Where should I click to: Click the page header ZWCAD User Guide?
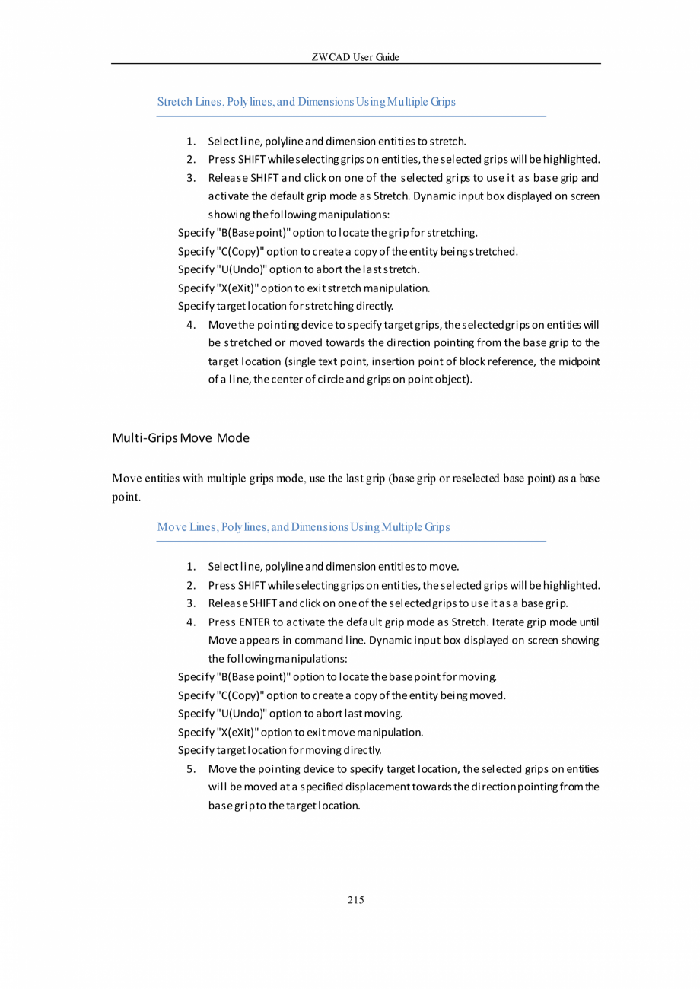point(355,57)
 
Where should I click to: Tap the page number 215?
point(355,901)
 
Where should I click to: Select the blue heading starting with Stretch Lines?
point(306,102)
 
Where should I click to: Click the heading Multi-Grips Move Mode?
point(180,438)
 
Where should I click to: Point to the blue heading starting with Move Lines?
point(303,527)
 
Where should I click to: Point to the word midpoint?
point(579,361)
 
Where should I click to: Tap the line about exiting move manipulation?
point(300,733)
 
